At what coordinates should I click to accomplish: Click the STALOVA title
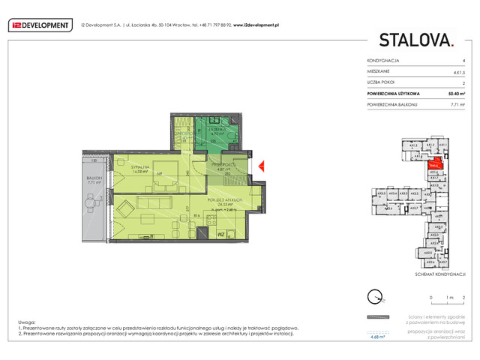coord(416,40)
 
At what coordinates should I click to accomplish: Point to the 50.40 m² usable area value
coord(453,94)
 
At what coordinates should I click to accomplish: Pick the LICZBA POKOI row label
coord(382,84)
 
